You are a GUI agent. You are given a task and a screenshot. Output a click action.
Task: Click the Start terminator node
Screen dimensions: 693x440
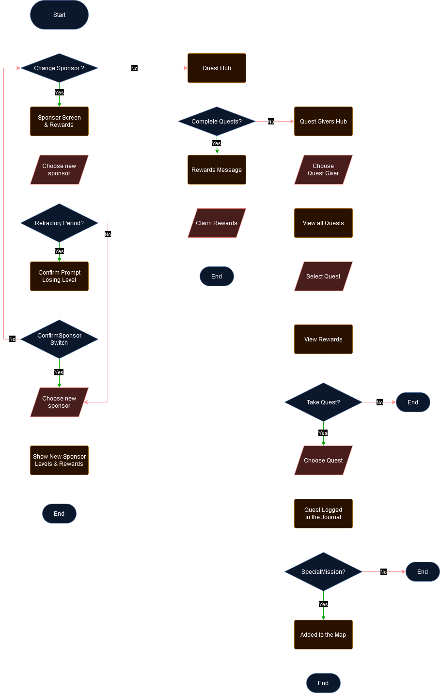coord(59,15)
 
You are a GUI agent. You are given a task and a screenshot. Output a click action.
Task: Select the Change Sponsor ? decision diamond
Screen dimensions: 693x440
coord(59,68)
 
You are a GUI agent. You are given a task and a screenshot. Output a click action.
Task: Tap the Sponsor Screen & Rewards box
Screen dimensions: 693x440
coord(59,121)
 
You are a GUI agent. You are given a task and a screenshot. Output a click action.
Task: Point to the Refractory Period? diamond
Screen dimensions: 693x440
coord(59,223)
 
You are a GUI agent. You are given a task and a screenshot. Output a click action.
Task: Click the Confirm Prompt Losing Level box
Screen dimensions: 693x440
coord(59,276)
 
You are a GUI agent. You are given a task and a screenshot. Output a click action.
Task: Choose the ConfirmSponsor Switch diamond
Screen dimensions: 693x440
coord(59,339)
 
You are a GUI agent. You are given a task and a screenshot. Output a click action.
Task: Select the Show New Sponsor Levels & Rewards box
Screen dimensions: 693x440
coord(59,460)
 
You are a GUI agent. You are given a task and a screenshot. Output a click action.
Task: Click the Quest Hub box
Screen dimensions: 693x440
coord(217,68)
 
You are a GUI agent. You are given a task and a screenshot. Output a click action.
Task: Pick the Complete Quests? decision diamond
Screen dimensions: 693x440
coord(217,122)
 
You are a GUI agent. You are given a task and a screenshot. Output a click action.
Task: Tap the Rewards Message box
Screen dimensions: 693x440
coord(217,170)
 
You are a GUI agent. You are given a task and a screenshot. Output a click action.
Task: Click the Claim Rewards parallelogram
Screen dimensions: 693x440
coord(217,223)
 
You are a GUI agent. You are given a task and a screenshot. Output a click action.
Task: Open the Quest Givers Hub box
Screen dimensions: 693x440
coord(323,122)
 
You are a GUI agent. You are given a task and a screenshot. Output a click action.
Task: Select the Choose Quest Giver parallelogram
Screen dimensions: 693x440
coord(323,169)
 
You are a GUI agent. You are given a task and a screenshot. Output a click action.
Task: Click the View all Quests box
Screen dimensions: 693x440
coord(323,223)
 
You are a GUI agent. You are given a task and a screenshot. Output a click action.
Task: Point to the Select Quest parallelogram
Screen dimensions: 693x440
coord(323,277)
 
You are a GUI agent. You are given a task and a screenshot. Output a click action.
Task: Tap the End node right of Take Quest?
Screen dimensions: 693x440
coord(413,402)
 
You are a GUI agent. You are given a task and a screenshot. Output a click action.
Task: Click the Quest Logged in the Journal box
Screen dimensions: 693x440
coord(323,513)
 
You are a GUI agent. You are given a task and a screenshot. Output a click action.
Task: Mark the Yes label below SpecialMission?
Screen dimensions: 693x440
coord(323,604)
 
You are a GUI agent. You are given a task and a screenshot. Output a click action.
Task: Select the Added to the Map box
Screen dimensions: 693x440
coord(323,635)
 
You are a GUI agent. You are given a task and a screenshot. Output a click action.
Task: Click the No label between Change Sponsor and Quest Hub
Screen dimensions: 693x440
coord(134,69)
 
